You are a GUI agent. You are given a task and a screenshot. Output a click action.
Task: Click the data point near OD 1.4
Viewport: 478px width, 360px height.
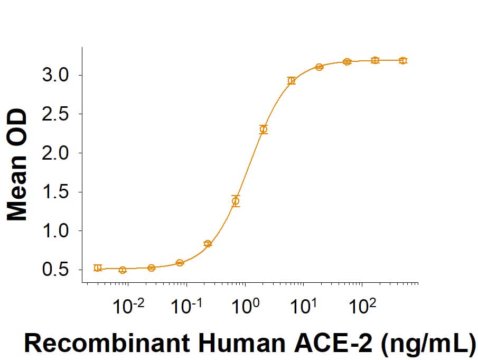pyautogui.click(x=236, y=201)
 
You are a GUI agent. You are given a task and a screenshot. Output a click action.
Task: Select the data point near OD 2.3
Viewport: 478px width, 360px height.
pyautogui.click(x=264, y=129)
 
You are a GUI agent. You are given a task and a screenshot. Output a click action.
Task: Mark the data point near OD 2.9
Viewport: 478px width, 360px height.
pyautogui.click(x=292, y=81)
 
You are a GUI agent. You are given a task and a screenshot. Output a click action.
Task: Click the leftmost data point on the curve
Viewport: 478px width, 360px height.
pyautogui.click(x=98, y=267)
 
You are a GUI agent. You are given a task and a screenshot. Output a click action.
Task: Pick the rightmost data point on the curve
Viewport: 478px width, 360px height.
pyautogui.click(x=403, y=61)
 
